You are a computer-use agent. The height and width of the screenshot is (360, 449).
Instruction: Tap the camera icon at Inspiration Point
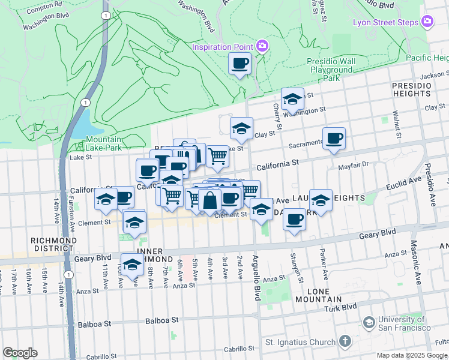(262, 46)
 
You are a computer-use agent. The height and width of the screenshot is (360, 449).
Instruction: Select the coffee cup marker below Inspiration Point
(240, 64)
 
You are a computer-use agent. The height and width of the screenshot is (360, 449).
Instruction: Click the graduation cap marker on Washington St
(292, 100)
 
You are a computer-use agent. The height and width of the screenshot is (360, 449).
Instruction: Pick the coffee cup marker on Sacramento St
(334, 139)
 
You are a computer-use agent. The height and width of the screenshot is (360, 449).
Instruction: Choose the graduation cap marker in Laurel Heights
(321, 201)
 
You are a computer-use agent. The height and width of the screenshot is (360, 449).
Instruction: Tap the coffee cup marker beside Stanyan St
(294, 220)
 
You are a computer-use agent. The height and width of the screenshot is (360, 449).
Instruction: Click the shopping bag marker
(210, 200)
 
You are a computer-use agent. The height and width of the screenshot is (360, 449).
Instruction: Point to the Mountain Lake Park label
(100, 144)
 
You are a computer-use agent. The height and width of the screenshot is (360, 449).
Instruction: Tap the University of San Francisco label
(403, 323)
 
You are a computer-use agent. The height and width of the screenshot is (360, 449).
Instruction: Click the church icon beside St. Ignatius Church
(345, 342)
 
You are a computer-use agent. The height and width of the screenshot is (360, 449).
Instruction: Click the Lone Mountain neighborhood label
(325, 295)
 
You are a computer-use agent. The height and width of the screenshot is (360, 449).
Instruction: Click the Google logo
(20, 353)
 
